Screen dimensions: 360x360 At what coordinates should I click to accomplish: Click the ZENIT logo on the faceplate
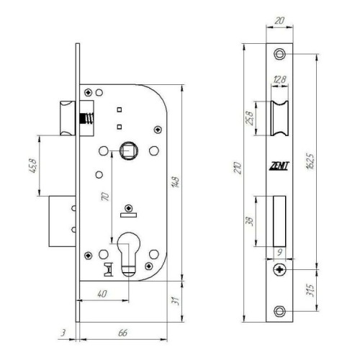(x=279, y=166)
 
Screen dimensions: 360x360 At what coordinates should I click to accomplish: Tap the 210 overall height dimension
(x=238, y=168)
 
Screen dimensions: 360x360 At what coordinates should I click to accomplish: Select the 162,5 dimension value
(x=310, y=161)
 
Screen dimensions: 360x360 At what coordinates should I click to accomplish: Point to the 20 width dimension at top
(x=279, y=21)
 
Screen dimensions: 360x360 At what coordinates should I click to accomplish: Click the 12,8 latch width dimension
(x=279, y=79)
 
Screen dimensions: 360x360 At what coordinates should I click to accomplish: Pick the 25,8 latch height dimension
(x=250, y=118)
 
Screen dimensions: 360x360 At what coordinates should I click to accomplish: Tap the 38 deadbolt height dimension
(x=250, y=221)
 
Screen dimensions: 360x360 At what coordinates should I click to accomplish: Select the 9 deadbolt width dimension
(x=279, y=253)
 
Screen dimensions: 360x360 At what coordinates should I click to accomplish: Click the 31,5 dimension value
(x=311, y=290)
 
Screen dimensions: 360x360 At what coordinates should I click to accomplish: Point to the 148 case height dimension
(x=176, y=182)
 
